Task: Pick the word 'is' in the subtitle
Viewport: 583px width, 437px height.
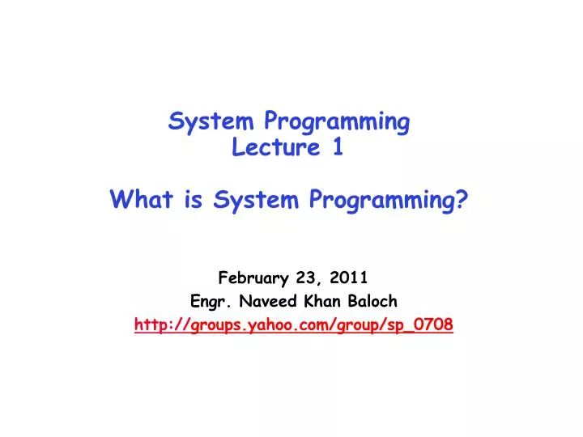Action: click(x=192, y=199)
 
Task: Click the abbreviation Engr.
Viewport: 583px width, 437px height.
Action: click(x=208, y=302)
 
